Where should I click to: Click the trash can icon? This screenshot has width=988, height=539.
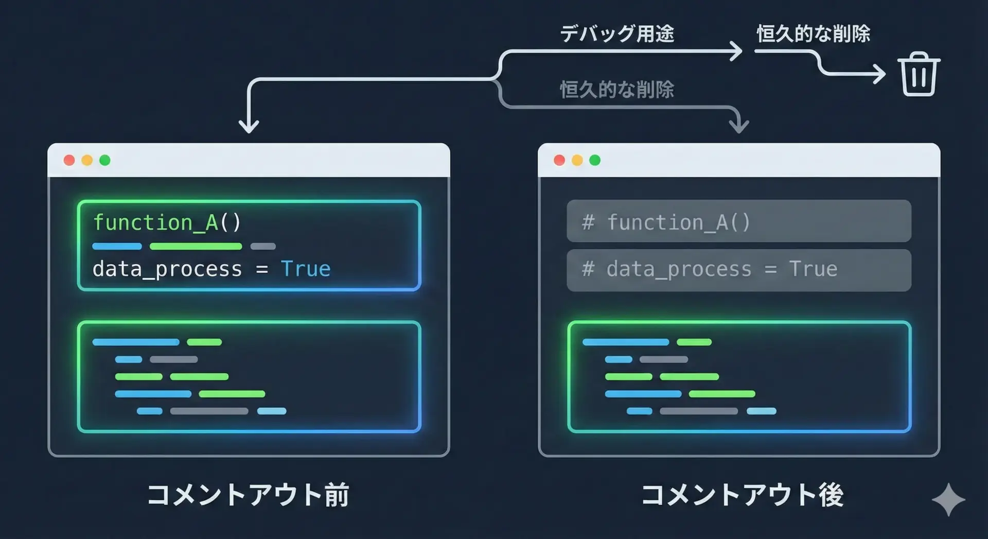pyautogui.click(x=919, y=74)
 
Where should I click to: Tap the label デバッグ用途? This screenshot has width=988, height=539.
pyautogui.click(x=617, y=34)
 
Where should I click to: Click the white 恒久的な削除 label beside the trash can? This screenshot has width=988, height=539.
pyautogui.click(x=813, y=34)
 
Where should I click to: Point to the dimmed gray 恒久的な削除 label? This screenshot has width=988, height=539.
pyautogui.click(x=617, y=90)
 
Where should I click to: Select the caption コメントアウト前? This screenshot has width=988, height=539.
pyautogui.click(x=248, y=495)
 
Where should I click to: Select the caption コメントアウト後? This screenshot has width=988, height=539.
pyautogui.click(x=742, y=495)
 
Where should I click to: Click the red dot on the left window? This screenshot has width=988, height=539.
pyautogui.click(x=69, y=160)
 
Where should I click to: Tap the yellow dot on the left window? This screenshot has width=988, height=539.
pyautogui.click(x=87, y=160)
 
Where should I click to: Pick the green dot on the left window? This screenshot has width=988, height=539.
pyautogui.click(x=105, y=160)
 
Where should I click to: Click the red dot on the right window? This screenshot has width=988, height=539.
pyautogui.click(x=559, y=160)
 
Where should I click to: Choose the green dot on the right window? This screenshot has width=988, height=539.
pyautogui.click(x=595, y=160)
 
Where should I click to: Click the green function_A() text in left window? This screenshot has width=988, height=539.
pyautogui.click(x=167, y=223)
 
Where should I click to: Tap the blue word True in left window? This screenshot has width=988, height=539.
pyautogui.click(x=306, y=269)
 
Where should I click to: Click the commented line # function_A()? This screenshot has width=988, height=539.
pyautogui.click(x=666, y=222)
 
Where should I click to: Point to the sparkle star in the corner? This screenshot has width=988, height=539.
pyautogui.click(x=948, y=499)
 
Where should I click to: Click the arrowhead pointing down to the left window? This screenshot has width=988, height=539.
pyautogui.click(x=249, y=126)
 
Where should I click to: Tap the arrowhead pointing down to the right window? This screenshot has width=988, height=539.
pyautogui.click(x=739, y=126)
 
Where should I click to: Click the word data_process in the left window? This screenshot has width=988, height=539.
pyautogui.click(x=167, y=269)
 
